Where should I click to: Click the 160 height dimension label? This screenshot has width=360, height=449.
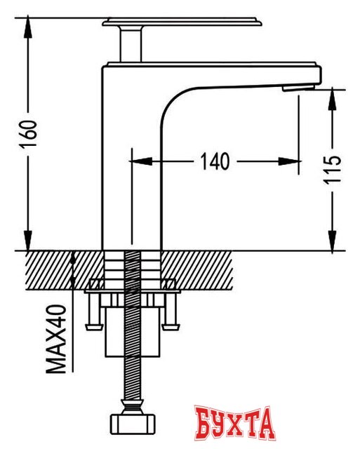point(28,134)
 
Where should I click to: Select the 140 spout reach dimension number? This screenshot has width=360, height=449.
point(215,161)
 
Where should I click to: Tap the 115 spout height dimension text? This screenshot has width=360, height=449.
point(332,170)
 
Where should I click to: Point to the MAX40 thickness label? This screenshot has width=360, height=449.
point(56,339)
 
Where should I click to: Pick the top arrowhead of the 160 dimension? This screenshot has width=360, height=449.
point(28,27)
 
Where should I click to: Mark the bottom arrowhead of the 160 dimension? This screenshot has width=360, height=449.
point(28,241)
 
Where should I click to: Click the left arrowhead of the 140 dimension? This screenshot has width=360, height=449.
point(140,161)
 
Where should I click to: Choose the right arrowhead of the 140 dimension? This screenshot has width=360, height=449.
point(288,161)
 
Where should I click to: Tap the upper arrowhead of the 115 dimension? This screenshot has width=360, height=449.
point(332,100)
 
